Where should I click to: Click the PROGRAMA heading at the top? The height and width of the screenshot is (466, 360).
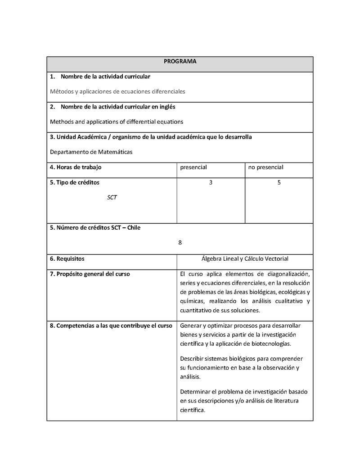tap(180, 61)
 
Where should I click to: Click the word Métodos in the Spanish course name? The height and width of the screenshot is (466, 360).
tap(62, 91)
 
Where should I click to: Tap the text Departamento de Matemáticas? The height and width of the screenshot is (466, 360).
tap(91, 152)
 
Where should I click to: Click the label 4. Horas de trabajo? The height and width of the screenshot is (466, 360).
tap(76, 167)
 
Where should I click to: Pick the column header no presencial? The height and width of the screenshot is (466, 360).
tap(265, 167)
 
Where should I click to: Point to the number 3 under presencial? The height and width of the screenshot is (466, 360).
tap(211, 183)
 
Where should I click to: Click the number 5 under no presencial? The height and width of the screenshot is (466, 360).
tap(279, 183)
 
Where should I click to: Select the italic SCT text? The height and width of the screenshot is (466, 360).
tap(112, 198)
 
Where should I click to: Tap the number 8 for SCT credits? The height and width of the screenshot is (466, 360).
tap(180, 243)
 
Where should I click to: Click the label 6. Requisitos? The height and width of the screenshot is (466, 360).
tap(67, 259)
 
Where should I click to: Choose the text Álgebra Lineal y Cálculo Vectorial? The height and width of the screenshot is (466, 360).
tap(245, 259)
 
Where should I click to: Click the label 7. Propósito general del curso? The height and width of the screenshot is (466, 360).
tap(90, 274)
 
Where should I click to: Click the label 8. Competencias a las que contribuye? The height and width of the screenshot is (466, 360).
tap(111, 326)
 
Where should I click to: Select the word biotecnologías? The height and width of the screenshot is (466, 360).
tap(270, 344)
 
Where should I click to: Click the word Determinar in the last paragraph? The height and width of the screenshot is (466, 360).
tap(195, 392)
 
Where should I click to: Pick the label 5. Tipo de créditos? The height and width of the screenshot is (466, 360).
tap(75, 183)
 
